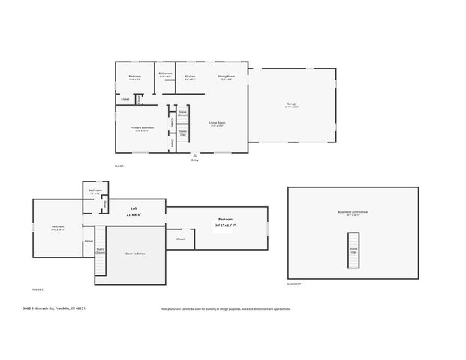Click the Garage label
(291, 103)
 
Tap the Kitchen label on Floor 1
(191, 76)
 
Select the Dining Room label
(226, 76)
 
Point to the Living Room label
(218, 123)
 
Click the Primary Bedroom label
(142, 128)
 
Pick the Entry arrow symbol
(195, 155)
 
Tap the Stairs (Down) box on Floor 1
(182, 113)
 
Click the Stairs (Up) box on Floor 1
(182, 133)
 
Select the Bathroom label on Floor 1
(165, 73)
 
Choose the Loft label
(134, 208)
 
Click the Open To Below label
(135, 253)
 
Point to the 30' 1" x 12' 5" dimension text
(225, 225)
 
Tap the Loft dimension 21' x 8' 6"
(134, 214)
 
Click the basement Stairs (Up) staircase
(353, 250)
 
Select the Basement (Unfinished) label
(353, 212)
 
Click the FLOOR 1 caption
(120, 166)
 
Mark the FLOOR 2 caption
(38, 289)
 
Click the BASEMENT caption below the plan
(294, 283)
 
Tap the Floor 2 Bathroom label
(95, 190)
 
